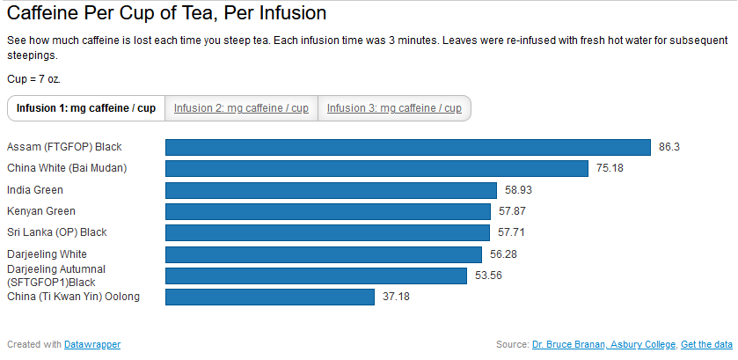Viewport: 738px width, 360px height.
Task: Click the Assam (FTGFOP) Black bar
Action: coord(408,147)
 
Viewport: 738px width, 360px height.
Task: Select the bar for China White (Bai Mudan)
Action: coord(376,168)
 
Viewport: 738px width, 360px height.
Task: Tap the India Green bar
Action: coord(331,190)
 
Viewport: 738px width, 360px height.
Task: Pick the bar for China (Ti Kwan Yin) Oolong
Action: coord(270,297)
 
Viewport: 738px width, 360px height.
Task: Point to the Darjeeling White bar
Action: coord(324,254)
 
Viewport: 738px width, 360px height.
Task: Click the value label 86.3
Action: coord(669,147)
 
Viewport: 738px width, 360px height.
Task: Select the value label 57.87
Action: coord(512,211)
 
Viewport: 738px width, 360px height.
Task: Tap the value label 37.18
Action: coord(396,297)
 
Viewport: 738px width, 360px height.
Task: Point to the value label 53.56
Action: coord(488,276)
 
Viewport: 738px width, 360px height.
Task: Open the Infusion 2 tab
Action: coord(241,108)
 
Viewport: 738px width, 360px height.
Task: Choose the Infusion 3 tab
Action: coord(394,108)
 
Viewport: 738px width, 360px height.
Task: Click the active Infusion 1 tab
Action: coord(86,108)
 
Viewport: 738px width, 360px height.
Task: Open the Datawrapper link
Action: coord(92,344)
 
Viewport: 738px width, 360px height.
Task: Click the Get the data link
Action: coord(706,344)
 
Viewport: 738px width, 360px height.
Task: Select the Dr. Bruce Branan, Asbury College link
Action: coord(604,344)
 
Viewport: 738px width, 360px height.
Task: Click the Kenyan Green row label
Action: coord(41,211)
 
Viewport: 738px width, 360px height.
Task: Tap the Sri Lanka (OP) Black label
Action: coord(57,232)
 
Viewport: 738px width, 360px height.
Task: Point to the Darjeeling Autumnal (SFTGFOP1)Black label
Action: coord(56,276)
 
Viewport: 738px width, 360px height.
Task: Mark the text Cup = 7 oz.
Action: coord(34,79)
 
